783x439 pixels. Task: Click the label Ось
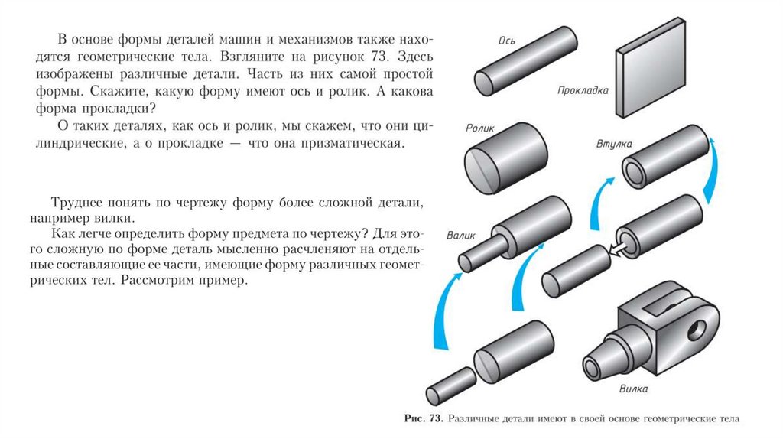pos(506,40)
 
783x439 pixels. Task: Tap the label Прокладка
pos(583,91)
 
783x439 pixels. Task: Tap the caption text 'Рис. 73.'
pos(424,419)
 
